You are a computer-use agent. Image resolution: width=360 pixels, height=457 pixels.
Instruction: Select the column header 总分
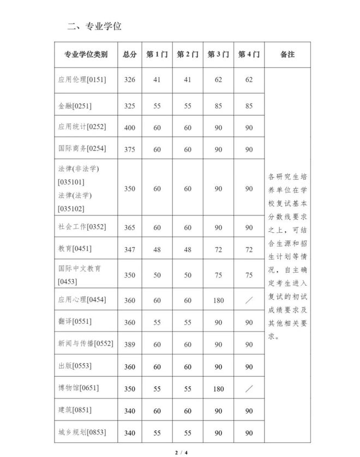tap(129, 55)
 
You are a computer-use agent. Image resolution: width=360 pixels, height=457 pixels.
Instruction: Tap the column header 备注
tap(287, 55)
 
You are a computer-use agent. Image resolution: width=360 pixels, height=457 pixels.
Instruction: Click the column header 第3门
tap(218, 55)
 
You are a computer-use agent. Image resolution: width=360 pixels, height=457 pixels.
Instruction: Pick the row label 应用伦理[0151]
tap(82, 80)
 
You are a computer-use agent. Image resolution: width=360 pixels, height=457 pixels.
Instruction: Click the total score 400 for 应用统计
tap(129, 128)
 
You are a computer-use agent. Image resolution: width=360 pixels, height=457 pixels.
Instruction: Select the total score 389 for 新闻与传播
tap(129, 345)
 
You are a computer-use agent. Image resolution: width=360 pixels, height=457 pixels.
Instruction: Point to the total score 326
tap(129, 80)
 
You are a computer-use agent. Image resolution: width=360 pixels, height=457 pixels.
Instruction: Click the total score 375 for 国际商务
tap(129, 149)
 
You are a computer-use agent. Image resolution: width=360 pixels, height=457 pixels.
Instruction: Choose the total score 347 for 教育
tap(129, 249)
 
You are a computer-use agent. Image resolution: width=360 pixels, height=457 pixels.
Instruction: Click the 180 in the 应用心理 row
tap(218, 300)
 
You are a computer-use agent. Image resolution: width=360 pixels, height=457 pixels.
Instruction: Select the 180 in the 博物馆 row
tap(218, 389)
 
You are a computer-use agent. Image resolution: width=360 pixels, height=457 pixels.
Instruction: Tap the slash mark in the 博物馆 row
tap(249, 389)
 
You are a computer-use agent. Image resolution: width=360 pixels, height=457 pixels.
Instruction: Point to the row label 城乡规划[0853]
tap(82, 432)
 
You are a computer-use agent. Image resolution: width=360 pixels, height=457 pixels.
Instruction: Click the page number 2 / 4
tap(181, 452)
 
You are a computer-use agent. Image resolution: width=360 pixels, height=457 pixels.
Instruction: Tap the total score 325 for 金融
tap(129, 106)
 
